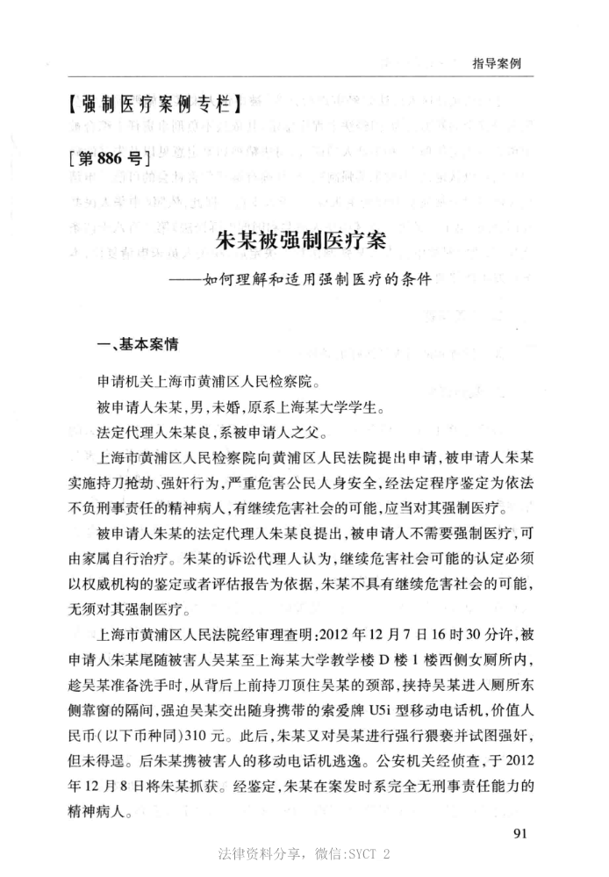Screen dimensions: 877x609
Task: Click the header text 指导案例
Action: click(497, 63)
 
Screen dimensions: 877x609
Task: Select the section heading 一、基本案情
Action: click(140, 347)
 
